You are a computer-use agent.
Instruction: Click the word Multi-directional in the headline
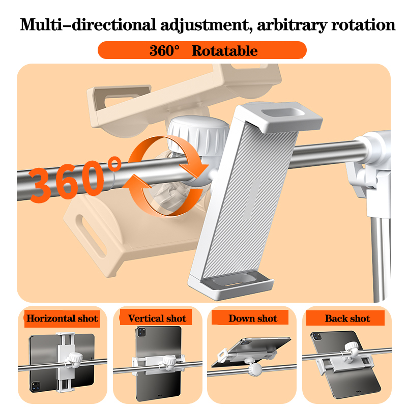coord(88,25)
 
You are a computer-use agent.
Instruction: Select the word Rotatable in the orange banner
coord(224,50)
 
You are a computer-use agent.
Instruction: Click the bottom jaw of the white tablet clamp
coord(231,285)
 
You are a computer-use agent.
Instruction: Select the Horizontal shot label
coord(62,318)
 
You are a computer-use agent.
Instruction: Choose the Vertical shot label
coord(157,318)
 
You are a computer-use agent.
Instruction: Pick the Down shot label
coord(253,318)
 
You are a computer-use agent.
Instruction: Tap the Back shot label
coord(347,318)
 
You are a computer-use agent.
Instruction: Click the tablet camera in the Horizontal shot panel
coord(36,387)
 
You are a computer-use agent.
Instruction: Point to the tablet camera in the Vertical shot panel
coord(141,333)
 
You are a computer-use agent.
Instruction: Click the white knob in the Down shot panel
coord(255,368)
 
